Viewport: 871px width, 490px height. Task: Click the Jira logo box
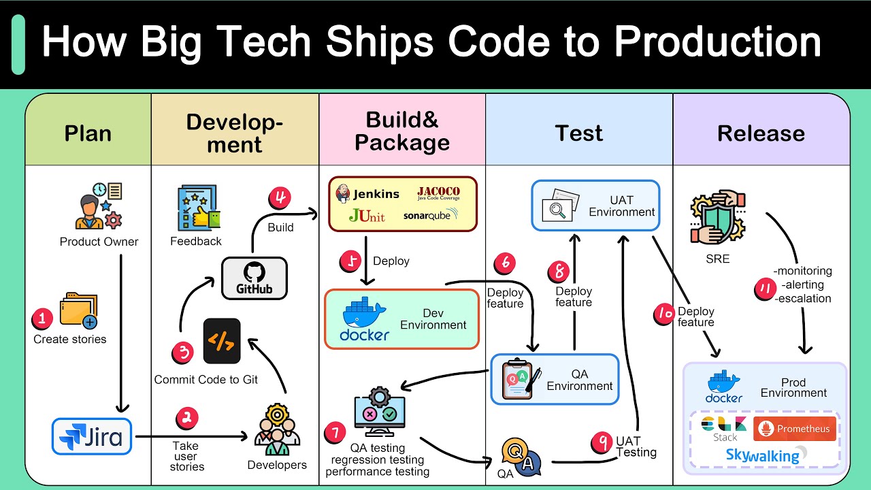92,436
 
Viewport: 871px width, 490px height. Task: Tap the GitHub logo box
254,278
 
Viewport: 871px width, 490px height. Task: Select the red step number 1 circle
42,318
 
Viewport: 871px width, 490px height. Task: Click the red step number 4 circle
280,199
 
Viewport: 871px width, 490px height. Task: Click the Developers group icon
276,430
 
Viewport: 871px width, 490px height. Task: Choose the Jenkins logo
367,194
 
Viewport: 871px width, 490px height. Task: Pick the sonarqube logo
431,216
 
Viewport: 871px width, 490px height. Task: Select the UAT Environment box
595,205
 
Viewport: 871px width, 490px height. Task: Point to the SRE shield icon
717,218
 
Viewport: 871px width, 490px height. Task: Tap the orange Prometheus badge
794,429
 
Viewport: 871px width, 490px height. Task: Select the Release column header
761,133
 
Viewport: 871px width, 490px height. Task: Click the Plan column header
88,133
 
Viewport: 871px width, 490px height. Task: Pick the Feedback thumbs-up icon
197,208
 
